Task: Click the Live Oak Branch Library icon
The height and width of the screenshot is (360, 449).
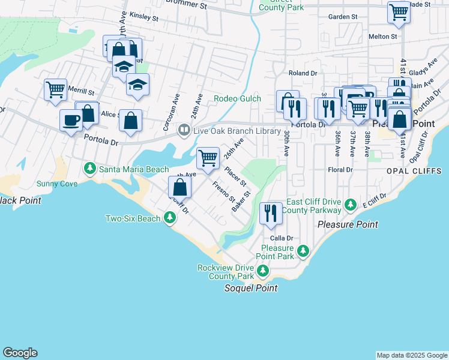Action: pos(184,130)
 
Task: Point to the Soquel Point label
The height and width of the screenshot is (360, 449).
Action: pos(251,288)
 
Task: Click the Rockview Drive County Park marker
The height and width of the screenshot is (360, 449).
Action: pos(262,272)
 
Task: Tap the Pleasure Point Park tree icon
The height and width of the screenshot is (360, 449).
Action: pos(304,251)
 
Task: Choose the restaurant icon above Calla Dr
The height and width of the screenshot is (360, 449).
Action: pos(271,213)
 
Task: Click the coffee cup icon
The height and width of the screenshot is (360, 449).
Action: pos(71,121)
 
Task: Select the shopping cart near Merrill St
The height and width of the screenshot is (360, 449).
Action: pos(55,90)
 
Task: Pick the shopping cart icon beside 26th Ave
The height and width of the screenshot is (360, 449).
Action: pos(208,158)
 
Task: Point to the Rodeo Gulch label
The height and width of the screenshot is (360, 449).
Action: pos(238,98)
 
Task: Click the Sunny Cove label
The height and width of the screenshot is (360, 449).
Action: pos(57,184)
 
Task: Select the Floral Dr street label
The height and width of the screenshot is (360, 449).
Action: pos(340,170)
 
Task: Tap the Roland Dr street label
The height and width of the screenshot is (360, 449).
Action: pos(303,73)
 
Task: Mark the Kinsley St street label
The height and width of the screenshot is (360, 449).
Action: pos(143,18)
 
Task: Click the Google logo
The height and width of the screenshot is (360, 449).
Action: pos(20,353)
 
